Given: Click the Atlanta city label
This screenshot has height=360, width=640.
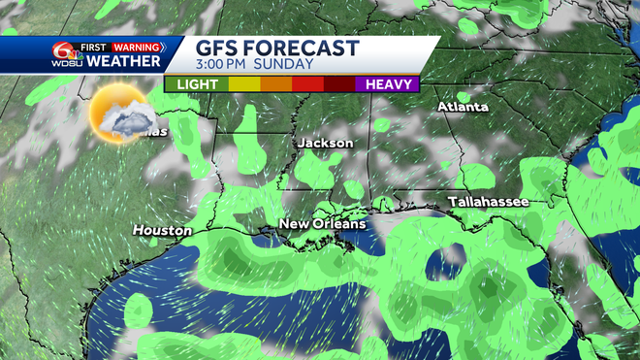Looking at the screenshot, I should click(463, 107).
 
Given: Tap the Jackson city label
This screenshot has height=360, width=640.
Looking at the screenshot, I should click(326, 143).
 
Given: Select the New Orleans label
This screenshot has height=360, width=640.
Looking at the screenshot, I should click(323, 224).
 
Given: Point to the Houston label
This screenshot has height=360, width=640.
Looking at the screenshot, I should click(163, 230).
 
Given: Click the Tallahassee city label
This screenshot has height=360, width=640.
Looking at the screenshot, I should click(488, 201).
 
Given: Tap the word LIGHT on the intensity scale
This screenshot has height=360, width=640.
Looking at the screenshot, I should click(197, 84).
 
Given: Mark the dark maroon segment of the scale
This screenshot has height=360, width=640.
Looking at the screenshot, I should click(338, 84).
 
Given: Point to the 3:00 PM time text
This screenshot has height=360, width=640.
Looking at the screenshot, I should click(229, 65).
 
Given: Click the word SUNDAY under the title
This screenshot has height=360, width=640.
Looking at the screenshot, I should click(289, 65).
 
